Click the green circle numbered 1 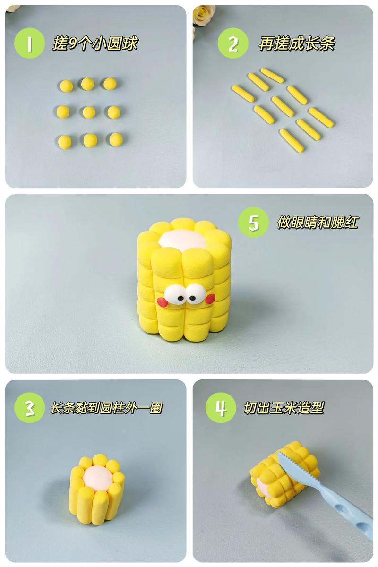pos(29,43)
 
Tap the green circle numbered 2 pos(232,43)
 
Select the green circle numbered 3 pos(29,408)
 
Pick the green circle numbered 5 pos(253,222)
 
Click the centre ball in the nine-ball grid pos(89,112)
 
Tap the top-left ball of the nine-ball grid pos(67,86)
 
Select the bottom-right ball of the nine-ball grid pos(116,139)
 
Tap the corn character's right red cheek pos(210,299)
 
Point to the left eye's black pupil pos(181,299)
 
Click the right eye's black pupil pos(192,298)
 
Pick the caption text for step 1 pos(94,43)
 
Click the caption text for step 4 pos(283,408)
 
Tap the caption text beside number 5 pos(318,222)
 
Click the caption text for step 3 pos(106,408)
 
